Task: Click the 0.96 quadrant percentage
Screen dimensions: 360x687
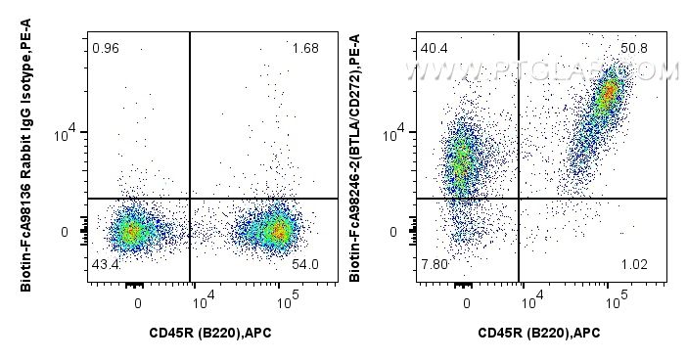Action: pos(104,48)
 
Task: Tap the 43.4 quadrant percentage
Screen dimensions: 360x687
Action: pos(105,266)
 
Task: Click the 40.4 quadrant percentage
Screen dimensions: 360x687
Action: pos(434,48)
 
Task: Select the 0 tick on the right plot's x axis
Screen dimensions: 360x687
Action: pos(467,302)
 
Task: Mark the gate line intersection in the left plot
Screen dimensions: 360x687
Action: pos(189,199)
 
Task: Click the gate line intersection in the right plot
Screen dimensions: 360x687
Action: pos(518,199)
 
